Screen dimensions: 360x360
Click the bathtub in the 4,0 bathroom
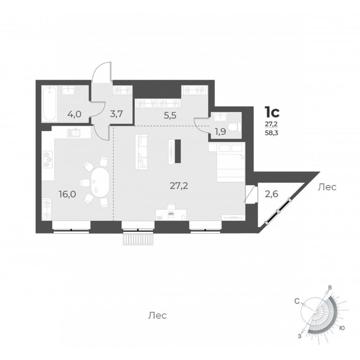(50, 104)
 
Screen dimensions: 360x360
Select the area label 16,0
(68, 194)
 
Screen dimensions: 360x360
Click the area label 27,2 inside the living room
(179, 186)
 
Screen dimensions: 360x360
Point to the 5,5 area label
(170, 116)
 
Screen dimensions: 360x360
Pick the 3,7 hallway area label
(116, 114)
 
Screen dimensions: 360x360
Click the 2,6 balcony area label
(271, 194)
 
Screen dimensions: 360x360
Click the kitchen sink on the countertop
(73, 133)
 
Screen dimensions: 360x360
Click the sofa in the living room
(141, 152)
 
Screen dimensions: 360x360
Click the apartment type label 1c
(272, 112)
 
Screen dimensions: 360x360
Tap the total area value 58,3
(271, 133)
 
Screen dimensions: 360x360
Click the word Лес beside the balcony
(327, 187)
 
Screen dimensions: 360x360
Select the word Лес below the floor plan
(157, 315)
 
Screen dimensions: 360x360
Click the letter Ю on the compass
(342, 328)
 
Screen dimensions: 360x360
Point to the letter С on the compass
(297, 301)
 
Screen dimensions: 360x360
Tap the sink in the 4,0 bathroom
(68, 91)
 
